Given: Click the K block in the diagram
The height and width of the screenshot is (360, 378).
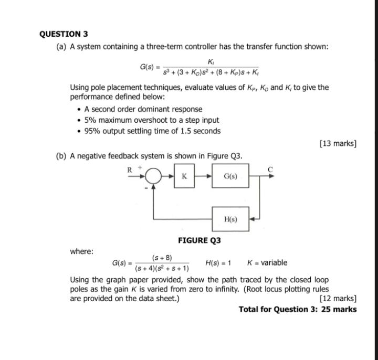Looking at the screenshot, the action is point(184,177).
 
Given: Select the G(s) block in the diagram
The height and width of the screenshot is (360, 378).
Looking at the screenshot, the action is point(230,177).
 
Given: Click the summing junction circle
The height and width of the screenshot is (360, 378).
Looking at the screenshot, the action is point(153,177).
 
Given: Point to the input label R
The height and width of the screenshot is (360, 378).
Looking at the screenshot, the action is point(129,169).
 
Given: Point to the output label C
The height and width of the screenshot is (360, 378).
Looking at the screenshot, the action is point(271,169).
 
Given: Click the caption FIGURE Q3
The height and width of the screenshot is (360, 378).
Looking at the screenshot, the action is point(199,240).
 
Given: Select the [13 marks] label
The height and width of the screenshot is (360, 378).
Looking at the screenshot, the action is point(338,143).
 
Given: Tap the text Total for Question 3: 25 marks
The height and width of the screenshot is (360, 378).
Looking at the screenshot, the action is point(297,309).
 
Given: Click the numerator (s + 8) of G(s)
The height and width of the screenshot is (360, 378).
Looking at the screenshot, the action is point(162,258).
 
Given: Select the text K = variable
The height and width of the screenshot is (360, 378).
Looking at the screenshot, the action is point(267,262).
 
